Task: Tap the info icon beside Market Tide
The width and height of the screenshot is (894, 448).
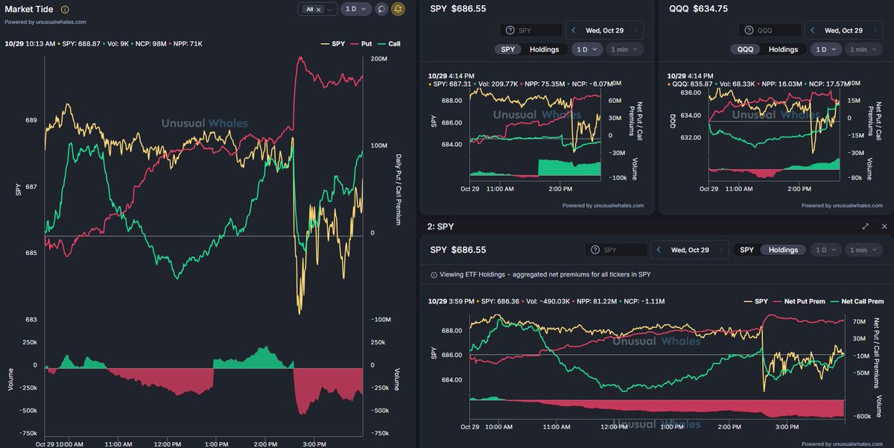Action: pos(65,10)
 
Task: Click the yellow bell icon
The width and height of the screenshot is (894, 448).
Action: pos(399,9)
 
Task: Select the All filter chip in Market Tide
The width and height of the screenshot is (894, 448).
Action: pos(310,9)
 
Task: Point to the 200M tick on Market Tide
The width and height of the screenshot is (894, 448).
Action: pos(378,58)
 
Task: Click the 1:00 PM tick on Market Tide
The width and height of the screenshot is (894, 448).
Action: pos(216,443)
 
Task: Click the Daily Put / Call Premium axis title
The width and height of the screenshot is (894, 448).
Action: pos(399,190)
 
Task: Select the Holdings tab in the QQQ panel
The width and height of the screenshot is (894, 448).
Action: pos(783,49)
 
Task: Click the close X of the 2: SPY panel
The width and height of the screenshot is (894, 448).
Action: pos(884,226)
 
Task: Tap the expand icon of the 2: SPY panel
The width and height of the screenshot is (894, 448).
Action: pos(865,226)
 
